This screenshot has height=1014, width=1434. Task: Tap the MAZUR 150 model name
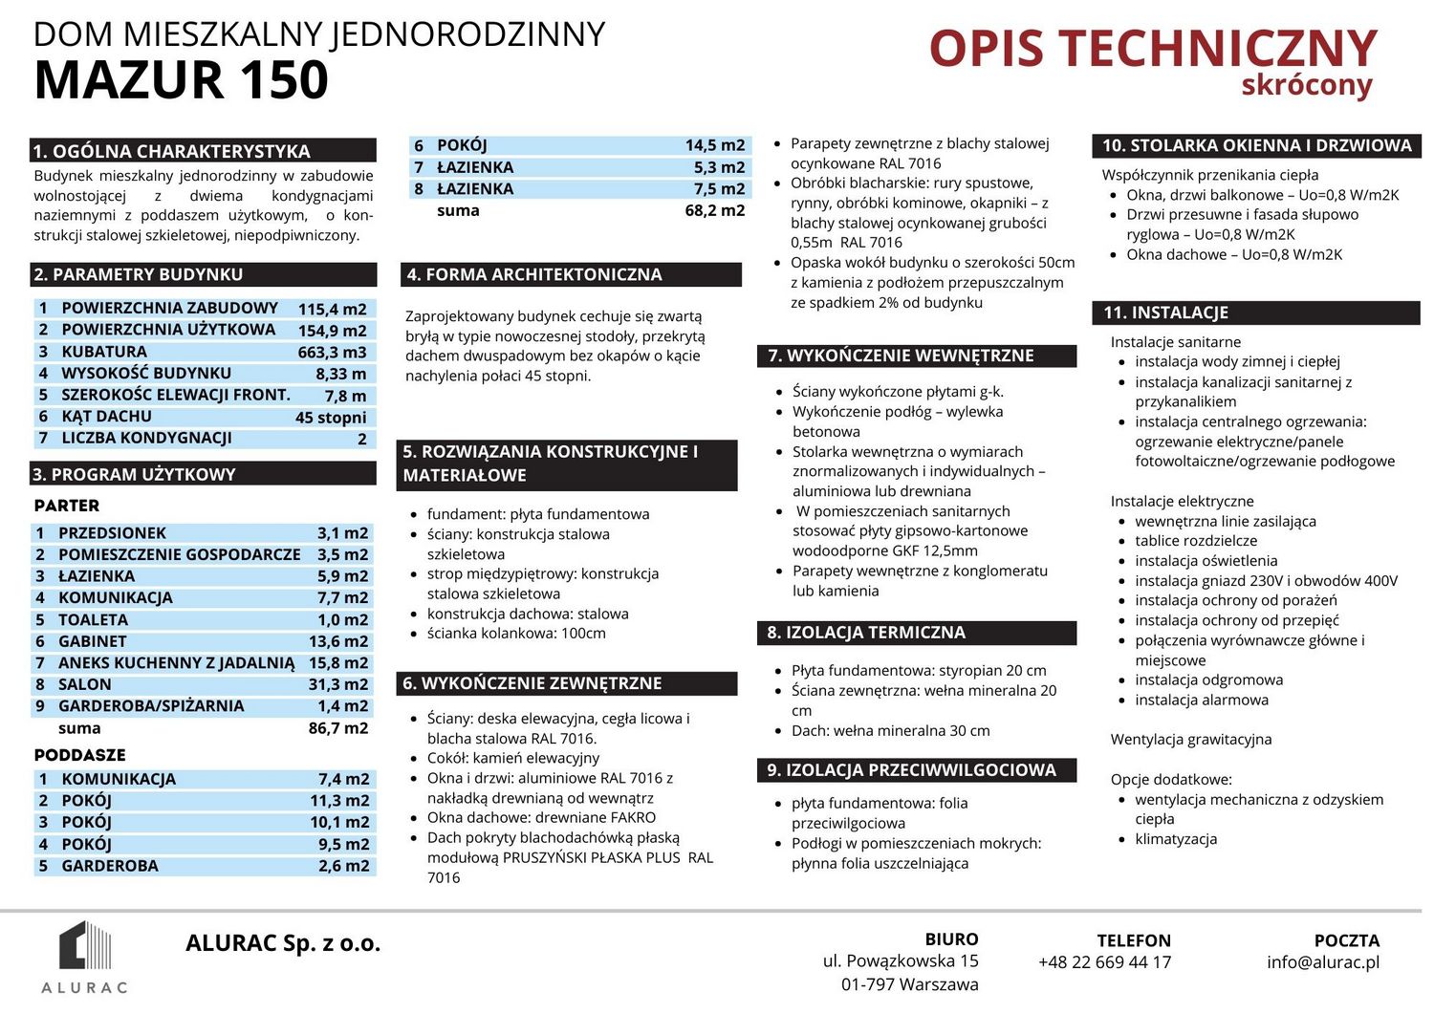182,80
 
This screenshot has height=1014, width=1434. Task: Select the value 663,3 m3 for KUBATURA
332,352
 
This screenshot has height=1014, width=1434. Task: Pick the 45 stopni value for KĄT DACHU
331,418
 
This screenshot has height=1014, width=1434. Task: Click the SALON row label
85,684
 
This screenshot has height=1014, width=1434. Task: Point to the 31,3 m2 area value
337,684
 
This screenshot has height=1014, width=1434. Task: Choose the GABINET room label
93,641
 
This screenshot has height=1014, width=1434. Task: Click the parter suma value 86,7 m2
337,728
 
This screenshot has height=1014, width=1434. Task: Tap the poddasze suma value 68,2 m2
714,210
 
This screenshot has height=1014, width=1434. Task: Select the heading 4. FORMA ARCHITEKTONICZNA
534,274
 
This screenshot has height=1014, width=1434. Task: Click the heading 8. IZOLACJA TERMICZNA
866,633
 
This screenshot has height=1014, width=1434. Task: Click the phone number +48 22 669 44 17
1104,962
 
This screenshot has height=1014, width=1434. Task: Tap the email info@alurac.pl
1323,962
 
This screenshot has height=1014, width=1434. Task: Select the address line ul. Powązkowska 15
901,961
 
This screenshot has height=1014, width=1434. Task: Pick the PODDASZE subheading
80,755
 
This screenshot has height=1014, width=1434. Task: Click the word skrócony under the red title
1307,86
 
